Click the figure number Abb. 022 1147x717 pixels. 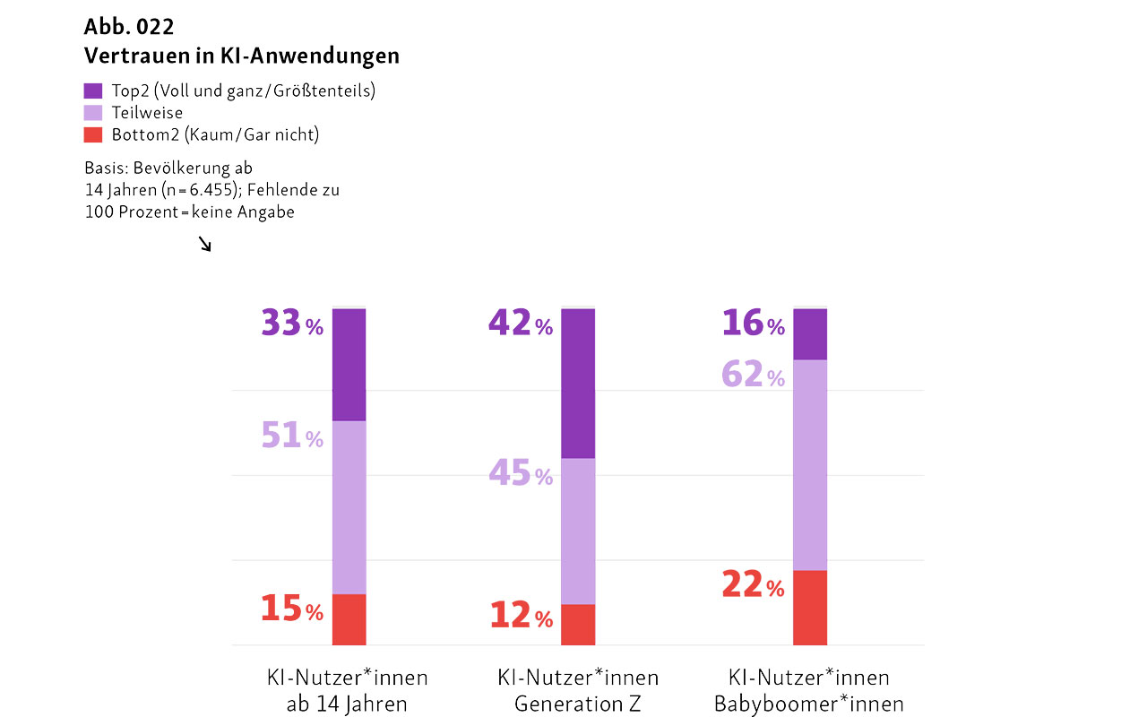click(x=129, y=26)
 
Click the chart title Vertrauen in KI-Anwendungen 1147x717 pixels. click(x=241, y=56)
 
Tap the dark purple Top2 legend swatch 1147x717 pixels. click(x=93, y=91)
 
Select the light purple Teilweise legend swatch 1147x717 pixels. click(x=93, y=113)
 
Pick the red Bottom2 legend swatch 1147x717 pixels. click(x=93, y=135)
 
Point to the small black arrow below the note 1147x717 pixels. click(x=205, y=244)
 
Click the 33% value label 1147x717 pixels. click(x=291, y=324)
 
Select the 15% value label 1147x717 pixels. click(x=291, y=609)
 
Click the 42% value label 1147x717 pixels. click(x=520, y=324)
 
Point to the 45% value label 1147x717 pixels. click(x=520, y=473)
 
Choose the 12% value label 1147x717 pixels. click(x=521, y=616)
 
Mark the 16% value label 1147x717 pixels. click(x=753, y=324)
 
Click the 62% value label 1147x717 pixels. click(x=753, y=375)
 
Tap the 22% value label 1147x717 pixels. click(x=753, y=585)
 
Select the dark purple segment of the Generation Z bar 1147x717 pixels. click(x=578, y=383)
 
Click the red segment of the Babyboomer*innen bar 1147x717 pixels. click(x=810, y=608)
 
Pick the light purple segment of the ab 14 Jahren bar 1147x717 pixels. click(x=349, y=507)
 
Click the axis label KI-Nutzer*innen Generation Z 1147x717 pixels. click(x=578, y=690)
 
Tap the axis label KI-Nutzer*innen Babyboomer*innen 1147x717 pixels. click(x=809, y=690)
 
